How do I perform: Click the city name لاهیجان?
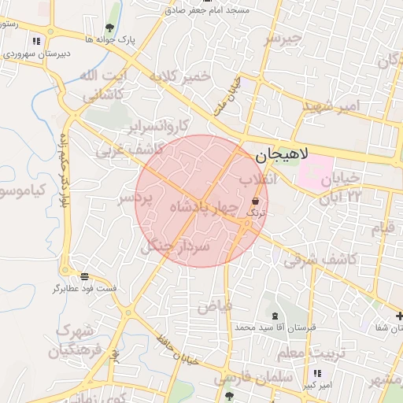pyautogui.click(x=292, y=156)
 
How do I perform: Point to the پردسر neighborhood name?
pyautogui.click(x=134, y=200)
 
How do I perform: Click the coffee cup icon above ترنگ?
pyautogui.click(x=257, y=201)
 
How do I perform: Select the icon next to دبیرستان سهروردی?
pyautogui.click(x=36, y=42)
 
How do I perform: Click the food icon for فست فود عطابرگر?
pyautogui.click(x=84, y=275)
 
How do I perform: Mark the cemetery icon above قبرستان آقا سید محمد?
pyautogui.click(x=274, y=316)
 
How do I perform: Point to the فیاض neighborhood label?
pyautogui.click(x=214, y=305)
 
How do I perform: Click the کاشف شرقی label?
pyautogui.click(x=320, y=260)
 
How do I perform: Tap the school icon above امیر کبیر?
pyautogui.click(x=316, y=373)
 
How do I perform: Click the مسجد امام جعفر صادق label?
pyautogui.click(x=214, y=10)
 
